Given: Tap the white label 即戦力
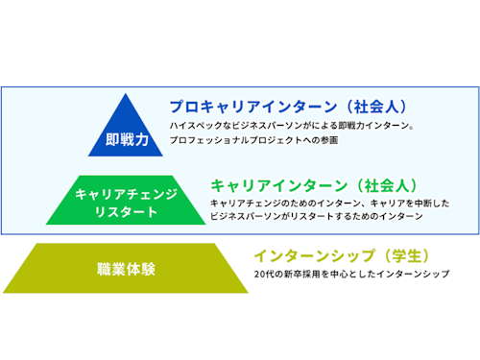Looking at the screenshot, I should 127,139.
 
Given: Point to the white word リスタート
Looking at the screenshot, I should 127,211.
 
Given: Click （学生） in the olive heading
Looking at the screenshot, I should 398,255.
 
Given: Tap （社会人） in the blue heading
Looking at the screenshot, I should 360,106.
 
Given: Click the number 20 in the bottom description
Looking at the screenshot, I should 259,275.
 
